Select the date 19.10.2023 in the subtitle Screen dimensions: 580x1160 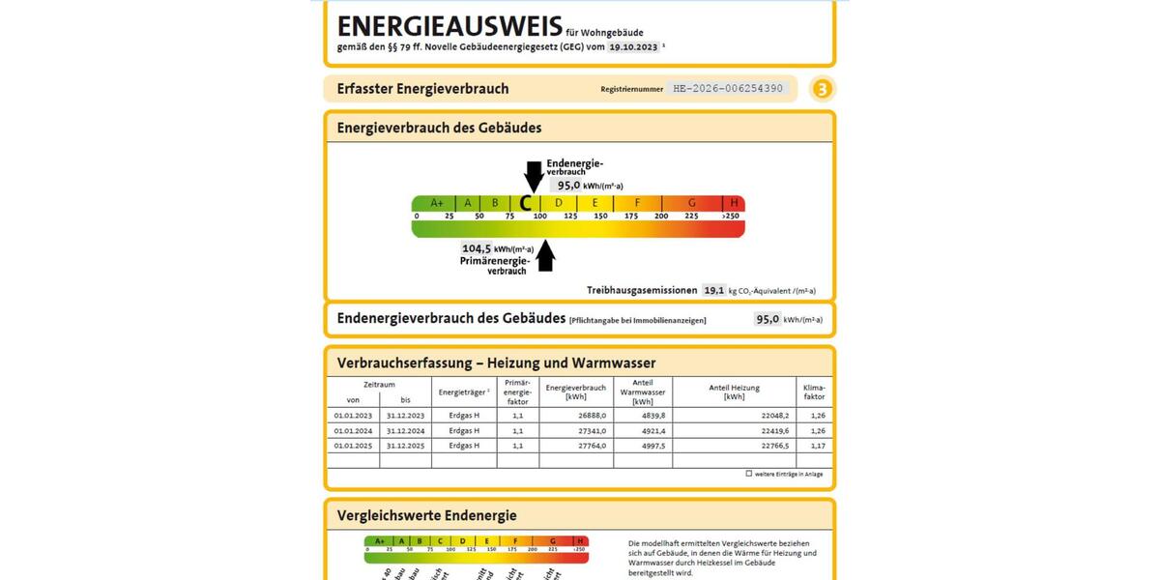pyautogui.click(x=633, y=46)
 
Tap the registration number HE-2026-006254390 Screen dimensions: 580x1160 pyautogui.click(x=728, y=89)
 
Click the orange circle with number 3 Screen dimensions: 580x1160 pyautogui.click(x=822, y=90)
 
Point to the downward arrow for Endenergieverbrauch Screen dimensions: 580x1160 pyautogui.click(x=534, y=178)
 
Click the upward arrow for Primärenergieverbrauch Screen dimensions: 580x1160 pyautogui.click(x=546, y=254)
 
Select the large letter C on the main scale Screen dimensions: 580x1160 pyautogui.click(x=526, y=203)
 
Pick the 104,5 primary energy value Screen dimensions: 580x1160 pyautogui.click(x=477, y=248)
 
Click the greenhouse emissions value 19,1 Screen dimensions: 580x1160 pyautogui.click(x=713, y=290)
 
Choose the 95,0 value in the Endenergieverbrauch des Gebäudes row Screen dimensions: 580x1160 pyautogui.click(x=768, y=319)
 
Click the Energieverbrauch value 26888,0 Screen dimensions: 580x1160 pyautogui.click(x=590, y=415)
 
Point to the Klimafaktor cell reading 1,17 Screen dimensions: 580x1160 pyautogui.click(x=818, y=446)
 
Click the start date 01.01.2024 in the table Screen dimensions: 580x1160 pyautogui.click(x=353, y=430)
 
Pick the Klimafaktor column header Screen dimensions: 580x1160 pyautogui.click(x=814, y=391)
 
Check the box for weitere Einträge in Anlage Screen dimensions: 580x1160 pyautogui.click(x=748, y=474)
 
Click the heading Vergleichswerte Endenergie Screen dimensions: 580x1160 pyautogui.click(x=426, y=515)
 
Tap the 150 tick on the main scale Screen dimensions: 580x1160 pyautogui.click(x=600, y=216)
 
